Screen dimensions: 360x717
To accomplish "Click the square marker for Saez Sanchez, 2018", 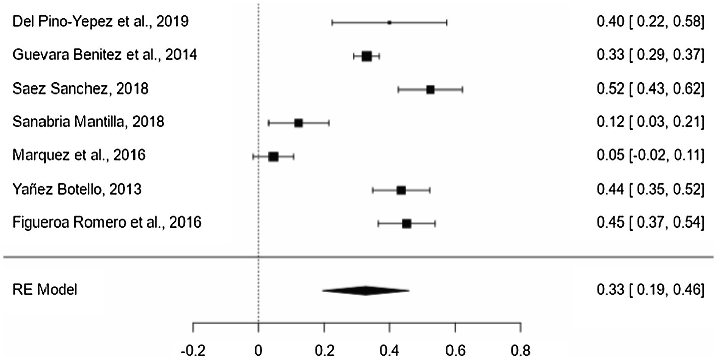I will point(430,89).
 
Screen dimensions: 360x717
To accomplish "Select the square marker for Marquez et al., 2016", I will point(274,157).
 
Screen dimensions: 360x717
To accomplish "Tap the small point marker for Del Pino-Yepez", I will point(389,22).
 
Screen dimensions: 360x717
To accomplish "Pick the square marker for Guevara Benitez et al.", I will point(367,56).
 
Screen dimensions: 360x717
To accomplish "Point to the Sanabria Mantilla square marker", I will point(298,123).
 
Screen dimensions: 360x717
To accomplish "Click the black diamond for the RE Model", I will point(365,290).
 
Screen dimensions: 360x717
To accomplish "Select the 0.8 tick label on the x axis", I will point(521,350).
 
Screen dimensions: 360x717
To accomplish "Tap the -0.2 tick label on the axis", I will point(193,350).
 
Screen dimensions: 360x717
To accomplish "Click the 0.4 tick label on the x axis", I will point(389,350).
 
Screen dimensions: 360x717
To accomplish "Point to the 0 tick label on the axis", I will point(258,350).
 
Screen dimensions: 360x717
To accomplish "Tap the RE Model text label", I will point(44,290).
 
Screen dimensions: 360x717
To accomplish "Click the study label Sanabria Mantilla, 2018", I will point(87,122).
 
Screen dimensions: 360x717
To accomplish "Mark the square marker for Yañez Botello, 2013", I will point(401,190).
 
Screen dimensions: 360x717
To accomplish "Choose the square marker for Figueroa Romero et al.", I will point(407,223).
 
